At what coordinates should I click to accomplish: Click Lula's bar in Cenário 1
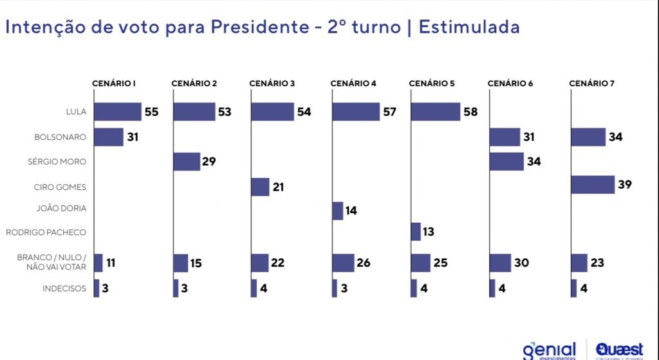pos(117,111)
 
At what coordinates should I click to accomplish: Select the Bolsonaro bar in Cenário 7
pos(588,137)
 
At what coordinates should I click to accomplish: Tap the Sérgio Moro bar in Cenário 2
pos(187,162)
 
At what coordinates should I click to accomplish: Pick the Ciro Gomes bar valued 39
pos(592,185)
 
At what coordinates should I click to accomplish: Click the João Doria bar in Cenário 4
pos(337,211)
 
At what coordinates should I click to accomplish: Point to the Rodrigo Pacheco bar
pos(415,232)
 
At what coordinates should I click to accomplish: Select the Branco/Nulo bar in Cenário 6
pos(500,263)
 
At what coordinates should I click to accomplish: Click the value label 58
pos(470,111)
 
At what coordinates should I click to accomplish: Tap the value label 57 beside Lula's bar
pos(389,111)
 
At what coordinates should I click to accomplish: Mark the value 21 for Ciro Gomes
pos(277,187)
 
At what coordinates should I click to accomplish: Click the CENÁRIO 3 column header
pos(272,84)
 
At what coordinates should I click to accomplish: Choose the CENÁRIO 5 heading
pos(432,84)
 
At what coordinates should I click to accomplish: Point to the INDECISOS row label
pos(64,289)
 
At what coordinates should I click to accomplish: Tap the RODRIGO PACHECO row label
pos(46,232)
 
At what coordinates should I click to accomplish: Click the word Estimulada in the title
pos(469,27)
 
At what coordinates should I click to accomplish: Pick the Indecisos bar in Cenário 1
pos(97,288)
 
